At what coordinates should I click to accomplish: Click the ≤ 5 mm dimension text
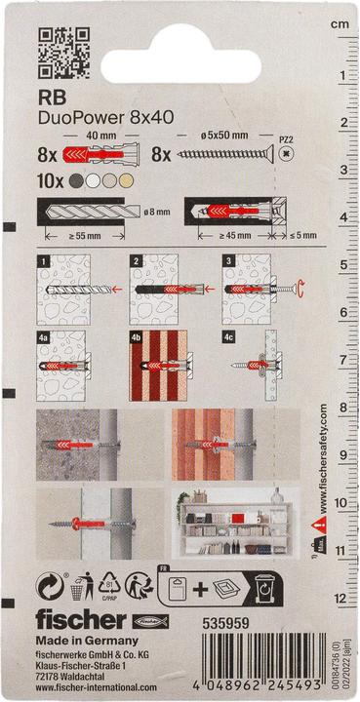(294, 235)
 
